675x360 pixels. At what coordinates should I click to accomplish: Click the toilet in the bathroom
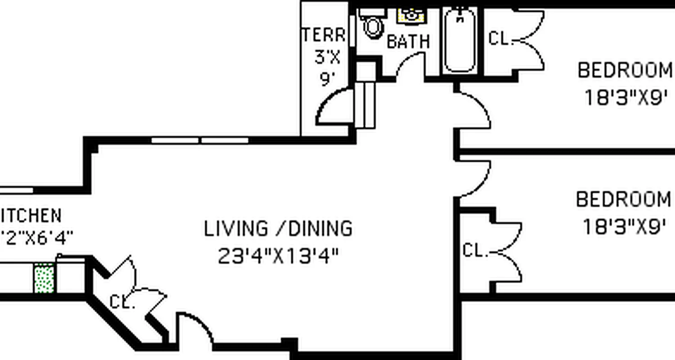(x=372, y=26)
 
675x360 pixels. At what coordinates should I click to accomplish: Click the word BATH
(x=408, y=42)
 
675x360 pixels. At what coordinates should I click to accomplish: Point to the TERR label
(x=324, y=35)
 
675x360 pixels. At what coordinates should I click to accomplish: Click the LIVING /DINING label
(x=278, y=229)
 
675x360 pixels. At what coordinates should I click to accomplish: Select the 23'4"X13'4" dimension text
(x=278, y=256)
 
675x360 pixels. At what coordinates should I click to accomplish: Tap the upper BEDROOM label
(x=625, y=71)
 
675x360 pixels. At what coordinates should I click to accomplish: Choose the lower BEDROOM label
(x=623, y=199)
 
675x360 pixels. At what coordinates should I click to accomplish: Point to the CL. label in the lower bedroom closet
(x=475, y=251)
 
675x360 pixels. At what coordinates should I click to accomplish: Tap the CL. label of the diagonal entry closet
(x=122, y=302)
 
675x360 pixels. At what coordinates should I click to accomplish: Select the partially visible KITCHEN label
(x=31, y=216)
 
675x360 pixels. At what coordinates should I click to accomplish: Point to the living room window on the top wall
(x=200, y=140)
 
